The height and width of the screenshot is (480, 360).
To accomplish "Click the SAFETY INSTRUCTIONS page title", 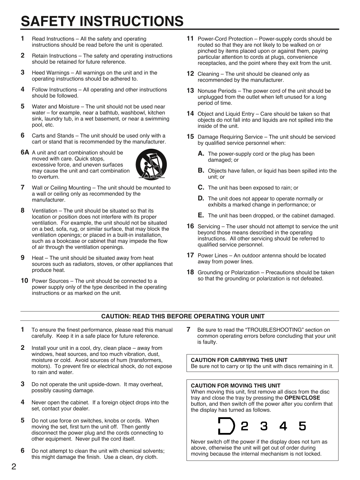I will coord(102,21).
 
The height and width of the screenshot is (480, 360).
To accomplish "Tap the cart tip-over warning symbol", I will coord(151,164).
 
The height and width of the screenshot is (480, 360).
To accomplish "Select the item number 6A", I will coord(25,152).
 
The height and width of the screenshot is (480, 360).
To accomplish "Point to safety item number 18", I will coord(190,272).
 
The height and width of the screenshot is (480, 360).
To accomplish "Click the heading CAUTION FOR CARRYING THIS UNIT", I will coord(239,360).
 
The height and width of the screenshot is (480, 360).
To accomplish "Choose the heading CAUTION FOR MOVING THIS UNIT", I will coord(235,386).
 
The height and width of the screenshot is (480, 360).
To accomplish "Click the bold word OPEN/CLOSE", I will coord(302,398).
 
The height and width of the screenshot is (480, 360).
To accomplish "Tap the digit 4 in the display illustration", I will coord(283,426).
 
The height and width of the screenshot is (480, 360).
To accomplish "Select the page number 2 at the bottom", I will coord(14,467).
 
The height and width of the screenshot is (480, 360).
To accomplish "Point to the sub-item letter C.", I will coord(201,188).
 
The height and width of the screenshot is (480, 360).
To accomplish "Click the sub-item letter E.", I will coord(200,215).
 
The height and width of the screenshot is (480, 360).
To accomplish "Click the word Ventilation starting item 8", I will coord(44,211).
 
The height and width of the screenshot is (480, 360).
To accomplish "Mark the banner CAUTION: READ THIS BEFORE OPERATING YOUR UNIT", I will coord(183,316).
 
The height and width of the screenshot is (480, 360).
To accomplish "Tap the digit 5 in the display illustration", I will coord(302,426).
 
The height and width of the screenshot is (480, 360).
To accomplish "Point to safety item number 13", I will coord(190,91).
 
